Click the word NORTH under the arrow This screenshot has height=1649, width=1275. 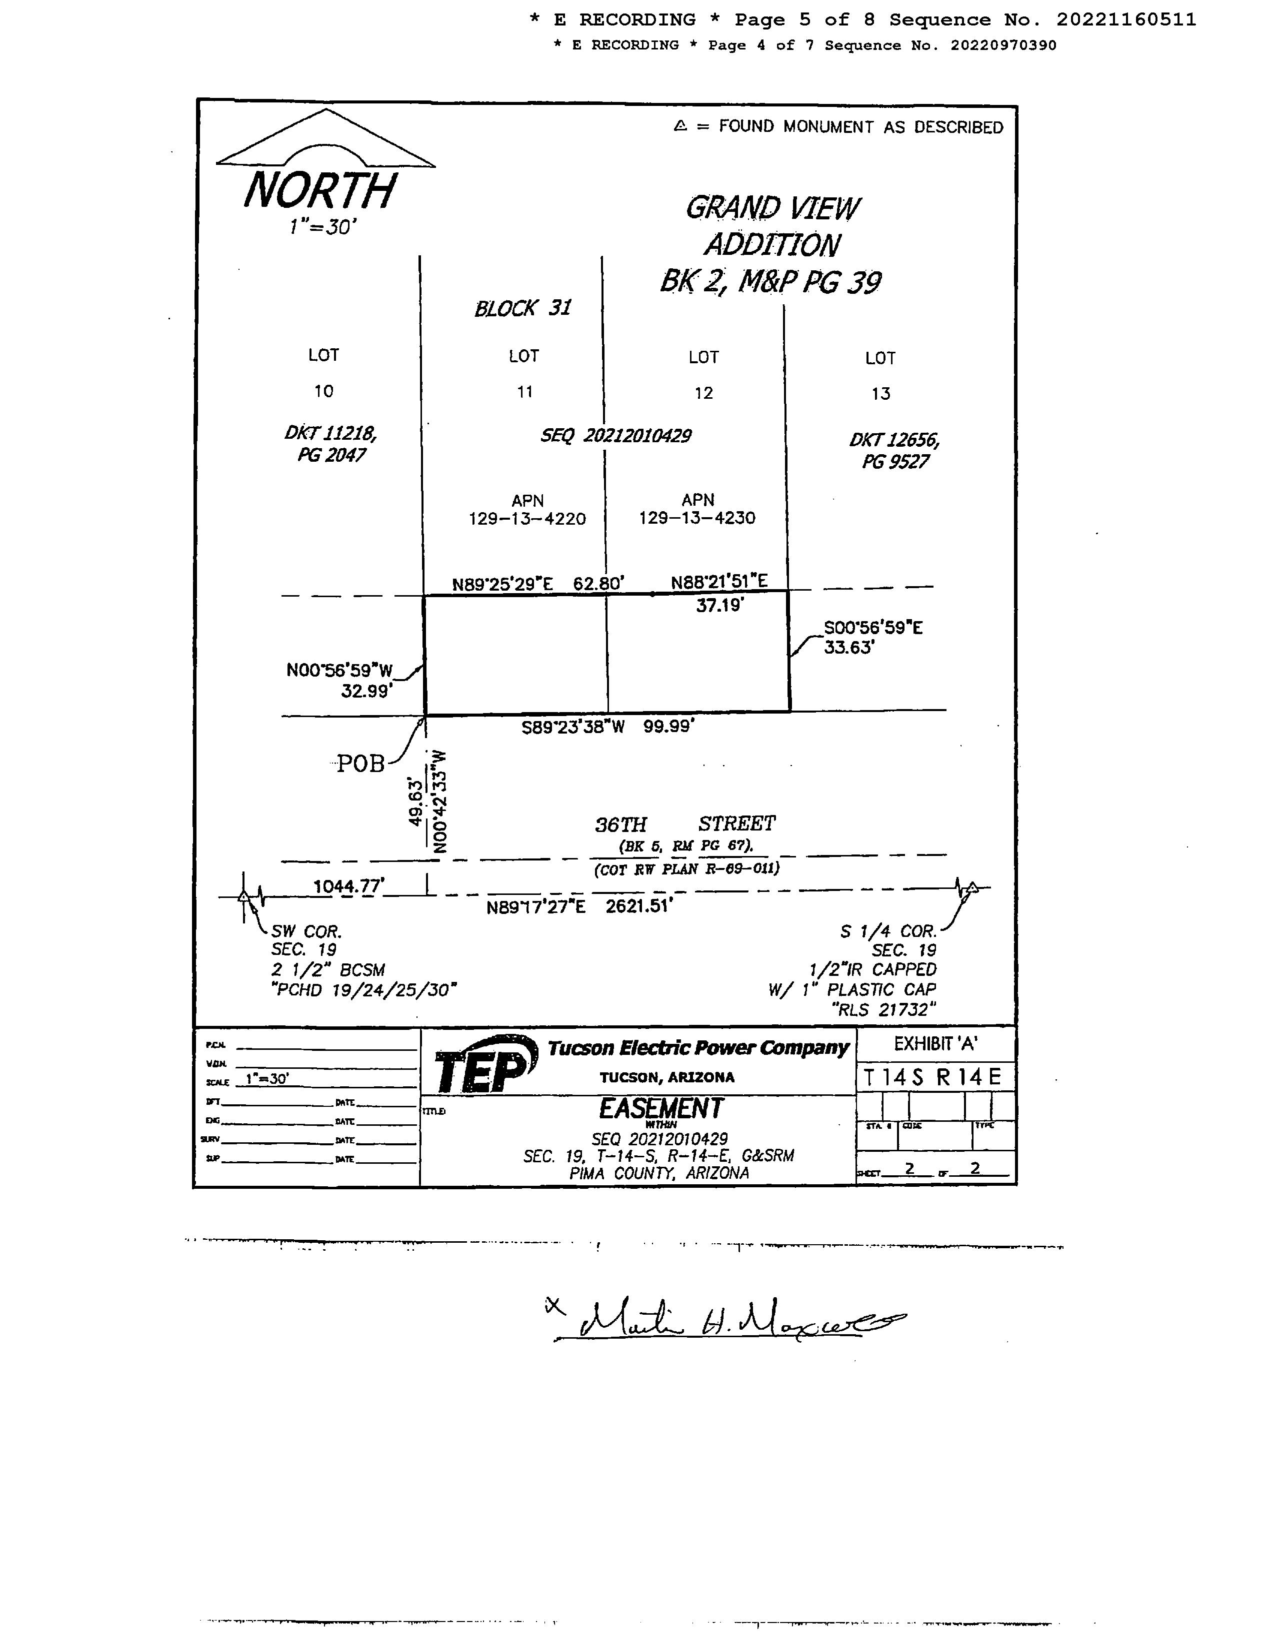pyautogui.click(x=319, y=190)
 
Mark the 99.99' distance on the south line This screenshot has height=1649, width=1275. pyautogui.click(x=668, y=727)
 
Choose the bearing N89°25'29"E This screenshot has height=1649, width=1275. pyautogui.click(x=502, y=584)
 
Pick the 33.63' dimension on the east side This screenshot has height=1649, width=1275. pyautogui.click(x=848, y=647)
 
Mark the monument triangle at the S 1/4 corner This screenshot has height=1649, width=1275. pyautogui.click(x=973, y=887)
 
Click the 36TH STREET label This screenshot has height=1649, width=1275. pyautogui.click(x=685, y=824)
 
